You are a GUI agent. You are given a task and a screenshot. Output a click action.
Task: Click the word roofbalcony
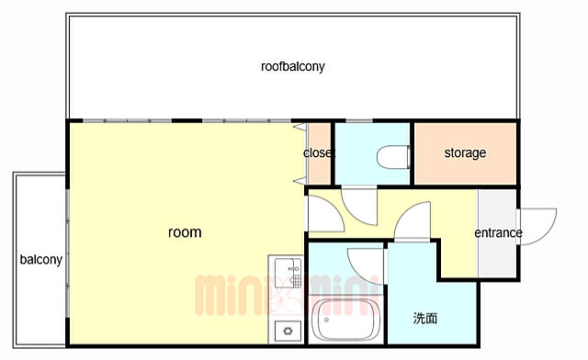point(292,67)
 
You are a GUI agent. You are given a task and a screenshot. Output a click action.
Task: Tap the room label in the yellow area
point(185,232)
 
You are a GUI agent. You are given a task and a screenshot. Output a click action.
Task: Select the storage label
point(465,153)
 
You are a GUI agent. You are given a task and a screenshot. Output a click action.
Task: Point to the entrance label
point(498,233)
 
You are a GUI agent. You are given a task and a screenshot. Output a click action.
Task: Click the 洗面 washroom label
point(425,318)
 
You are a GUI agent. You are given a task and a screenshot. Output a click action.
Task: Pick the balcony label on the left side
point(40,260)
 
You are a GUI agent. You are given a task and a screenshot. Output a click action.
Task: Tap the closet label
point(318,152)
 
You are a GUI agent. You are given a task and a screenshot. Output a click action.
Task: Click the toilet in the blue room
point(393,157)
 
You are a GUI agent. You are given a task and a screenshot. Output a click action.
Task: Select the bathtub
point(345,320)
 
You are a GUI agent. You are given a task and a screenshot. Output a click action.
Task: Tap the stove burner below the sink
point(288,332)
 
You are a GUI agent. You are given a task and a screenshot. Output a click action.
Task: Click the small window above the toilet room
point(359,120)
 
